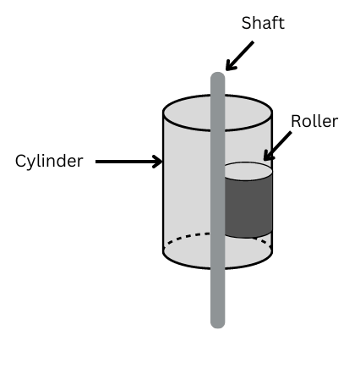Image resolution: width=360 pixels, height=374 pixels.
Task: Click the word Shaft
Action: tap(263, 23)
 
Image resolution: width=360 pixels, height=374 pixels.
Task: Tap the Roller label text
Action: tap(314, 121)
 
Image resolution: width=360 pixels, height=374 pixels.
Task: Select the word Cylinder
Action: tap(49, 162)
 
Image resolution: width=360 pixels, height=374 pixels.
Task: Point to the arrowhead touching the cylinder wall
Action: tap(157, 162)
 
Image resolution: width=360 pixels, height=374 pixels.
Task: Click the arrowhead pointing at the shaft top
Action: tap(231, 65)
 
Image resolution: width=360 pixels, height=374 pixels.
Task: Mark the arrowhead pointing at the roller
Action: tap(268, 156)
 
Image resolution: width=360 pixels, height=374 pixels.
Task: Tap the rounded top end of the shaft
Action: tap(218, 75)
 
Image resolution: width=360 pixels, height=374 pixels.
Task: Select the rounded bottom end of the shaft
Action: tap(218, 324)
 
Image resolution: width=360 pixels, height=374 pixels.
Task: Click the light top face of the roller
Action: tap(248, 171)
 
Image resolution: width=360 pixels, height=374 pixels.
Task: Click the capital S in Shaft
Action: tap(247, 23)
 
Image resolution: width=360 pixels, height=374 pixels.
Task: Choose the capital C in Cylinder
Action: tap(21, 161)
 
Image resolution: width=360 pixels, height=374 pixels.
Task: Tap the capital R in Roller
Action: tap(296, 121)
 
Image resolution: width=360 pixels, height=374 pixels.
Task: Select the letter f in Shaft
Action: tap(275, 23)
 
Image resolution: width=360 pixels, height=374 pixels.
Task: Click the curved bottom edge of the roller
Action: tap(248, 236)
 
